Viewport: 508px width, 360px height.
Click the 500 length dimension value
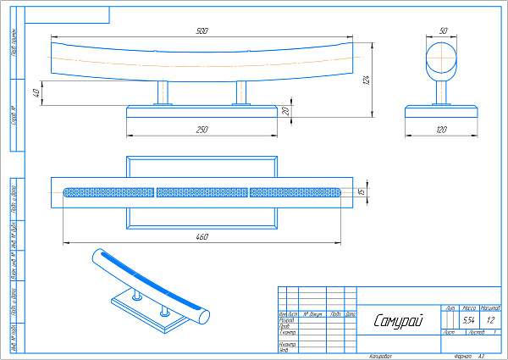coord(202,31)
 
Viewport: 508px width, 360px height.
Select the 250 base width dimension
coord(202,130)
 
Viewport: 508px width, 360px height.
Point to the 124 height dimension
coord(367,80)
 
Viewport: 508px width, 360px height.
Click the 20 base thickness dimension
coord(285,110)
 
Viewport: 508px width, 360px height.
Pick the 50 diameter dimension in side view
coord(443,30)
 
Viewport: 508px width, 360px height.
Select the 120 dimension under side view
coord(441,130)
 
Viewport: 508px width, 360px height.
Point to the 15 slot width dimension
coord(361,192)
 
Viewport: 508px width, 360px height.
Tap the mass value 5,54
coord(469,320)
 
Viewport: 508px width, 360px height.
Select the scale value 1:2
coord(490,320)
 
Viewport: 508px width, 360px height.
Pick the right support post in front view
coord(241,92)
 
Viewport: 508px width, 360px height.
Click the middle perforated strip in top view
coord(202,192)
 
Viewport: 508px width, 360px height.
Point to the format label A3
coord(481,357)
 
